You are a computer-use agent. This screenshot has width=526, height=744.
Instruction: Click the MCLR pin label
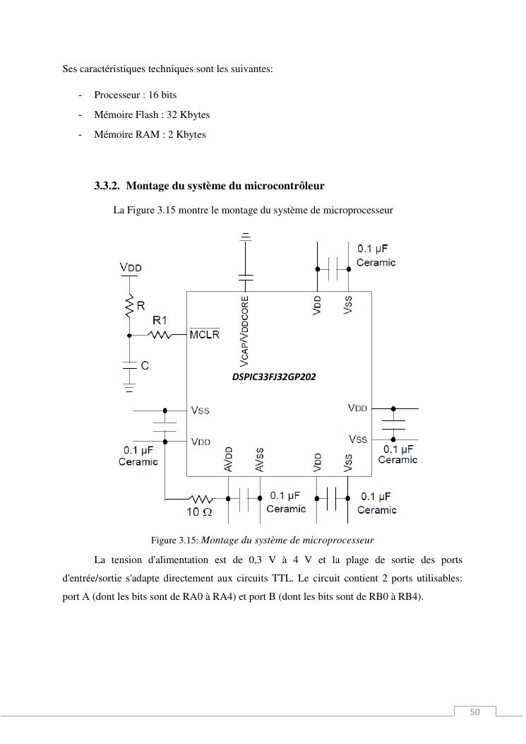[204, 334]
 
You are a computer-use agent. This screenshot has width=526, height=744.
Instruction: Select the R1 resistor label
[160, 321]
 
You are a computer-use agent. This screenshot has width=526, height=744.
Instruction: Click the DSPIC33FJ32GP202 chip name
[274, 377]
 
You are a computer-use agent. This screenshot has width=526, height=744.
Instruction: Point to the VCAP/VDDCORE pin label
[245, 331]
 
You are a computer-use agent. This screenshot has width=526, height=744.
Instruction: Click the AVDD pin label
[228, 459]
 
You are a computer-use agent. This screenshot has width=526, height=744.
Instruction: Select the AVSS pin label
[259, 459]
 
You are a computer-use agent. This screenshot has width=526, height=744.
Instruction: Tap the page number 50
[474, 711]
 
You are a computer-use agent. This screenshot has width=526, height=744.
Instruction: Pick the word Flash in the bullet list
[147, 114]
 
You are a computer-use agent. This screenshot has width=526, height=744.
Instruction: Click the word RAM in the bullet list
[148, 134]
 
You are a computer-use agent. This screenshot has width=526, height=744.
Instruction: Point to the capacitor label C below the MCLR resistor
[145, 366]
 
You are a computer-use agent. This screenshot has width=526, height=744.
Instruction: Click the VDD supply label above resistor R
[131, 268]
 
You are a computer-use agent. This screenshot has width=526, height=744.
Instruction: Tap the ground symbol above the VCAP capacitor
[245, 236]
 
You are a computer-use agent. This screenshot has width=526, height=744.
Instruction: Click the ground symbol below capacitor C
[129, 387]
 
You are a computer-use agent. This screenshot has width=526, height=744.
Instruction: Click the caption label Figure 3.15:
[174, 541]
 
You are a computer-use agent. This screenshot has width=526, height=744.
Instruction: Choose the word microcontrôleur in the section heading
[284, 186]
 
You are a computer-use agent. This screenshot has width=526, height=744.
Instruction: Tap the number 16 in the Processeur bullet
[154, 95]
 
